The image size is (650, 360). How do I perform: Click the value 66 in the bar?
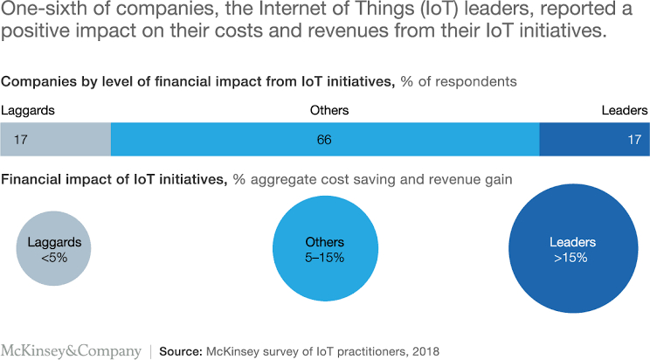pos(324,139)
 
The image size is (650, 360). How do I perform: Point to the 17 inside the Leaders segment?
pos(635,139)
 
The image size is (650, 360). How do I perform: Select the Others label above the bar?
pos(329,111)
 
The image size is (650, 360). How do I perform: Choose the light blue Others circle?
pos(325,248)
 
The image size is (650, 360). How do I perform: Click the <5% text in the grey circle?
pos(53,258)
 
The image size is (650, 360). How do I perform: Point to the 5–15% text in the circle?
pos(325,257)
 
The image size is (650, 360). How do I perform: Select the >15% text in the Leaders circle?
pos(572,257)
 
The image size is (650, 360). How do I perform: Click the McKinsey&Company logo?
pos(71,350)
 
